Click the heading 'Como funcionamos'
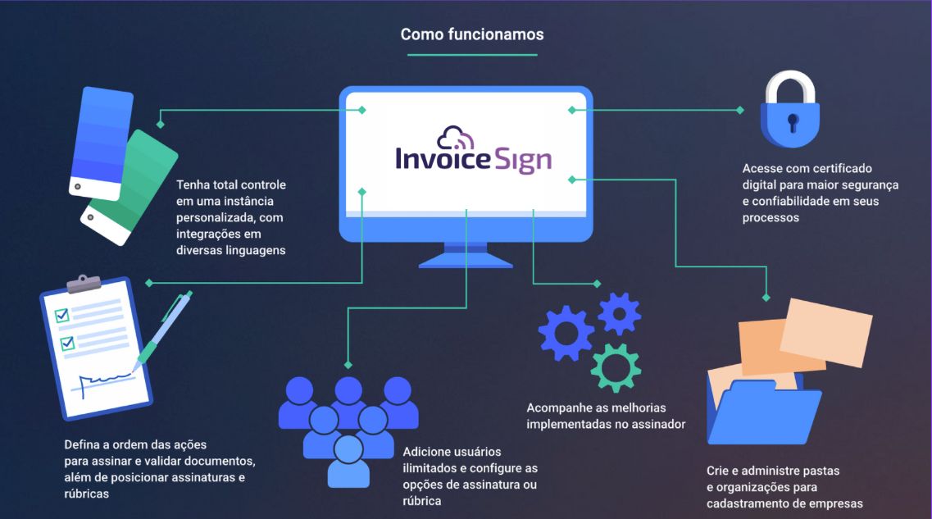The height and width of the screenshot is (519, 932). [x=472, y=34]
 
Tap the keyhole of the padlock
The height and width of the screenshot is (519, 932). [x=793, y=122]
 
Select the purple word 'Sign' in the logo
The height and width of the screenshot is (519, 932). [x=523, y=159]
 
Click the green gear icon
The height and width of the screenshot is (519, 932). [x=616, y=368]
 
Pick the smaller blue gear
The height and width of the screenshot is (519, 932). [x=620, y=313]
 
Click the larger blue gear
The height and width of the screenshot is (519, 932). [x=566, y=334]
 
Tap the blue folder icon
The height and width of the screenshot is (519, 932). [x=765, y=412]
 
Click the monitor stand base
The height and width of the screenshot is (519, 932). [x=466, y=261]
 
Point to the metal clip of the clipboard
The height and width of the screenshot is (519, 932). [x=84, y=284]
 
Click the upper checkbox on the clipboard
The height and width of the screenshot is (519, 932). [x=61, y=315]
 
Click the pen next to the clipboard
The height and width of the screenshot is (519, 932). [x=163, y=329]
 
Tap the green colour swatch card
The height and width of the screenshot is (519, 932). [x=130, y=187]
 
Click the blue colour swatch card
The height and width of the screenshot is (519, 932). [x=101, y=143]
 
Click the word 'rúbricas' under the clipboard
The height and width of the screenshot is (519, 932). [x=87, y=494]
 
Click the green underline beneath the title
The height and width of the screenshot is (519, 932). [x=472, y=55]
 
